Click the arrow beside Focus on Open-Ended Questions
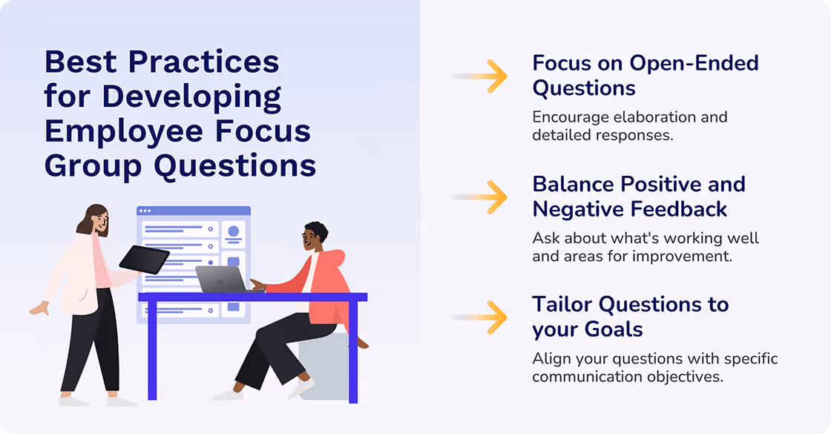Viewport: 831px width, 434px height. tap(490, 76)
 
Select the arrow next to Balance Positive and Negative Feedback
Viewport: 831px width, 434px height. tap(490, 197)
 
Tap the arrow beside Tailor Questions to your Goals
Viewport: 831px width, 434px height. tap(490, 317)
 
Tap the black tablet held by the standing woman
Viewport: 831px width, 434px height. tap(144, 259)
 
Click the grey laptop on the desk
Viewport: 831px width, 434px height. tap(220, 279)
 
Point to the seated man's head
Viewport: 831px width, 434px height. tap(315, 239)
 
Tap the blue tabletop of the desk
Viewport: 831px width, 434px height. tap(252, 297)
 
